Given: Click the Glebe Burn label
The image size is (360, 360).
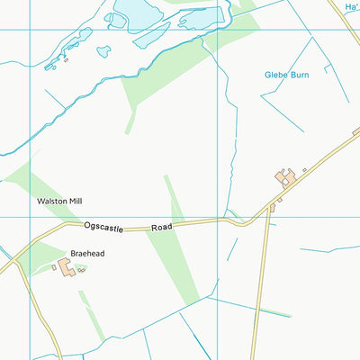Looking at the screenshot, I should point(286,75).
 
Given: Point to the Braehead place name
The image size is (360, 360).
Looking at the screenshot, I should point(87,254).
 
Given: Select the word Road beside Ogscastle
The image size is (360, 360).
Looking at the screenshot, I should point(160,227).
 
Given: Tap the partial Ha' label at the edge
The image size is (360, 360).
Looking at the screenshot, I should point(351,6).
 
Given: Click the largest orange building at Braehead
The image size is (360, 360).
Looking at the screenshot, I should point(66,267).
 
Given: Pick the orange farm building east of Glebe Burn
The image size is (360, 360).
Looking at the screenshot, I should point(286,176).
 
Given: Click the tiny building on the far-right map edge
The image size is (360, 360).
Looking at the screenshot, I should point(356,131).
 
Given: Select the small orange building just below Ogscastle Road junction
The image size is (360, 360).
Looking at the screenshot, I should point(272,208).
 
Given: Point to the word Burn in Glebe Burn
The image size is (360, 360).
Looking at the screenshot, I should point(299,75).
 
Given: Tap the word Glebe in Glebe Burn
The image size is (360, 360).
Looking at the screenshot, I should point(275,75).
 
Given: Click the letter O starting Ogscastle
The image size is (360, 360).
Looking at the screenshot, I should point(87,228).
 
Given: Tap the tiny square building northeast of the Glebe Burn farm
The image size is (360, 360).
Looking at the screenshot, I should point(304,169).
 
